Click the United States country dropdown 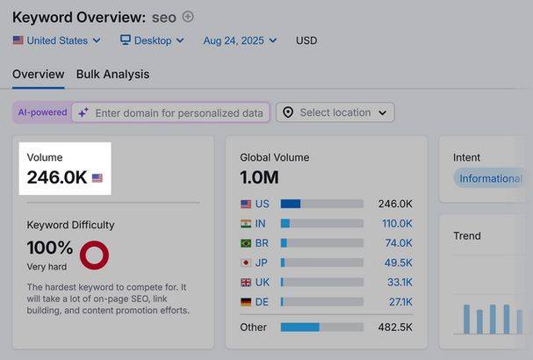57,40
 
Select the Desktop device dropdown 152,40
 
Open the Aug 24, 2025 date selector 240,40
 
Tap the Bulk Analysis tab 113,74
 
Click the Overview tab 39,74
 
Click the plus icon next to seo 188,17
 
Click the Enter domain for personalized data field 170,112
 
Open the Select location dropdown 335,112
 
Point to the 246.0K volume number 57,177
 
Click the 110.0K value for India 397,223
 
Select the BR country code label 262,243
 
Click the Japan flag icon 246,263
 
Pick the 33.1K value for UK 400,282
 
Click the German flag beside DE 246,302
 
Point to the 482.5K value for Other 395,327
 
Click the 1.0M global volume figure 259,177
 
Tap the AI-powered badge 42,112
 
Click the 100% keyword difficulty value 50,247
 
